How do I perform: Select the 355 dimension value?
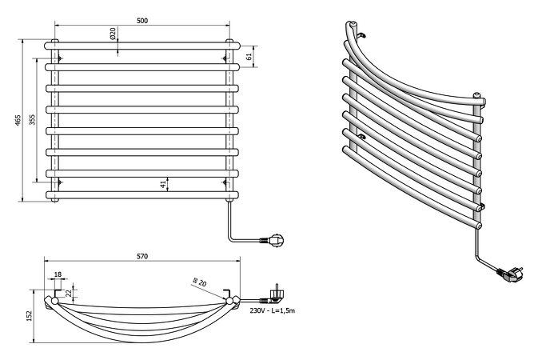click(x=33, y=119)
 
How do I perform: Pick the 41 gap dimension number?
click(x=163, y=184)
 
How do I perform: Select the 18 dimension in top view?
click(x=57, y=274)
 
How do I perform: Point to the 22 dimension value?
click(x=69, y=294)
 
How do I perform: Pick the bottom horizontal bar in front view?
click(x=144, y=194)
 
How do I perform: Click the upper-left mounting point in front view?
click(x=60, y=58)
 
